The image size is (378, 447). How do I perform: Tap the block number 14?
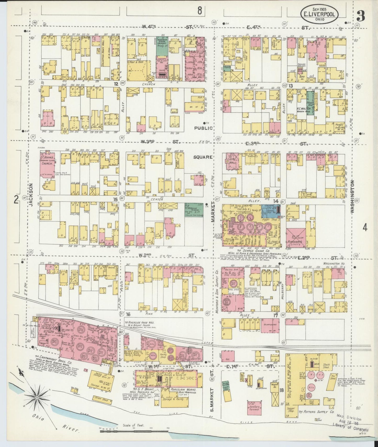(x=275, y=201)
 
